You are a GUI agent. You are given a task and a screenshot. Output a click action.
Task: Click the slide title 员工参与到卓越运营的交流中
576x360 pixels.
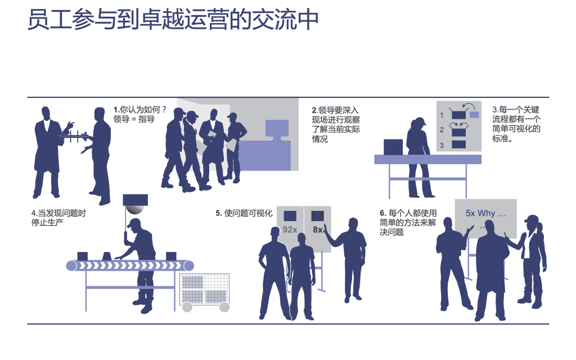click(x=173, y=20)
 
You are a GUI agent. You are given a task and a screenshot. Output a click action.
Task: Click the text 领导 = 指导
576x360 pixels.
click(x=134, y=119)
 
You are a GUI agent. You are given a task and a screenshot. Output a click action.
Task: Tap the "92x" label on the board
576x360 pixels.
click(x=290, y=229)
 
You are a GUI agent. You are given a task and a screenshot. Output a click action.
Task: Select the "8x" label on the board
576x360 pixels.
click(x=318, y=229)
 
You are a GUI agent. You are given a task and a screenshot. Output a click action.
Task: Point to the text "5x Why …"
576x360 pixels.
click(x=486, y=214)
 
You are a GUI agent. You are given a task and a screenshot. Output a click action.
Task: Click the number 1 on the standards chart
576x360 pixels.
click(x=442, y=115)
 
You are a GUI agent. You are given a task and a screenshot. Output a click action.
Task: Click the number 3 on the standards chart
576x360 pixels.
click(x=442, y=145)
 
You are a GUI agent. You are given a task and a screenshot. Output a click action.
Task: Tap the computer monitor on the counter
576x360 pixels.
click(x=277, y=129)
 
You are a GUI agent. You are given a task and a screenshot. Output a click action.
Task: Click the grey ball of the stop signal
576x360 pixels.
click(x=134, y=209)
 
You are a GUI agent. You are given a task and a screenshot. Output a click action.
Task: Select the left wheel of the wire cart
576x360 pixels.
click(x=187, y=307)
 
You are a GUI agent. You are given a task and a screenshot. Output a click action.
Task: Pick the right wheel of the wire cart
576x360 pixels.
click(x=224, y=307)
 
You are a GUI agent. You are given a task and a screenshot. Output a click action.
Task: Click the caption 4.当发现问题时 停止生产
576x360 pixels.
click(x=59, y=218)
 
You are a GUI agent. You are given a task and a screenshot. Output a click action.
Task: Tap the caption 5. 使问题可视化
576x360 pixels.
click(x=244, y=213)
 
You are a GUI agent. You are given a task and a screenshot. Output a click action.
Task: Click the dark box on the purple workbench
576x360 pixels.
click(x=393, y=147)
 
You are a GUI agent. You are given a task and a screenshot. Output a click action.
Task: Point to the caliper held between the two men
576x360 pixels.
click(x=74, y=136)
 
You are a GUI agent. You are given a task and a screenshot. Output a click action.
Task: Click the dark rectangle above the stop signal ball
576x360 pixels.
click(x=135, y=200)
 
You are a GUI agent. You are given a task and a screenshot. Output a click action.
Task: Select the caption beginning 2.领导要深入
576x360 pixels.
click(x=336, y=124)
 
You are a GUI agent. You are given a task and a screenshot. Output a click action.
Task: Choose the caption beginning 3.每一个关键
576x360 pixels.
click(x=516, y=124)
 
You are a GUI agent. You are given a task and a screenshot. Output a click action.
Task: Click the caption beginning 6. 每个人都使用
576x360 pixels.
click(x=408, y=222)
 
